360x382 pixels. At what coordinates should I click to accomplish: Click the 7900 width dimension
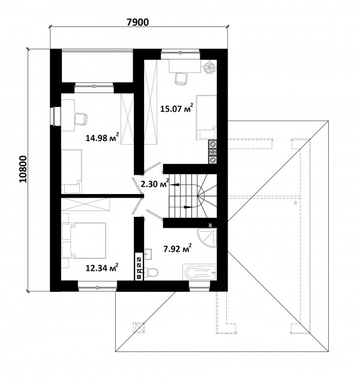[x=137, y=22]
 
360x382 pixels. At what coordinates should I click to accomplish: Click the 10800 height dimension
[x=23, y=169]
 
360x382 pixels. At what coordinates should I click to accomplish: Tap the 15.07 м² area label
[x=177, y=108]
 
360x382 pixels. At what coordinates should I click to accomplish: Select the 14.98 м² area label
[x=102, y=138]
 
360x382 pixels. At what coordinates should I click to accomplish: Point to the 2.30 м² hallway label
[x=155, y=184]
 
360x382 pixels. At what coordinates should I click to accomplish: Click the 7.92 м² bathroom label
[x=178, y=249]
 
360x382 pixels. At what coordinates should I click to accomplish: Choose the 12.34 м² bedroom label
[x=102, y=268]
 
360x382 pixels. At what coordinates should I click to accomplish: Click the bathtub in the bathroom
[x=199, y=273]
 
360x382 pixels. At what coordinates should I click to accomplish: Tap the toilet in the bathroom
[x=151, y=272]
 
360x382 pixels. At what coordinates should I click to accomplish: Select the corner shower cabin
[x=207, y=238]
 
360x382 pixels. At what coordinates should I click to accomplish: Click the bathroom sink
[x=148, y=253]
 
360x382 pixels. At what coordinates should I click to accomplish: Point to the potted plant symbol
[x=209, y=67]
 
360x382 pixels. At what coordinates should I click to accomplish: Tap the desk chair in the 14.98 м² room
[x=81, y=119]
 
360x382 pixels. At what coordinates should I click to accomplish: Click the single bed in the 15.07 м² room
[x=206, y=118]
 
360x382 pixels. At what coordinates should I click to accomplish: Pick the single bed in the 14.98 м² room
[x=71, y=172]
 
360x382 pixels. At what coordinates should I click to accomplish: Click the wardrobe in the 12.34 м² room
[x=85, y=204]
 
